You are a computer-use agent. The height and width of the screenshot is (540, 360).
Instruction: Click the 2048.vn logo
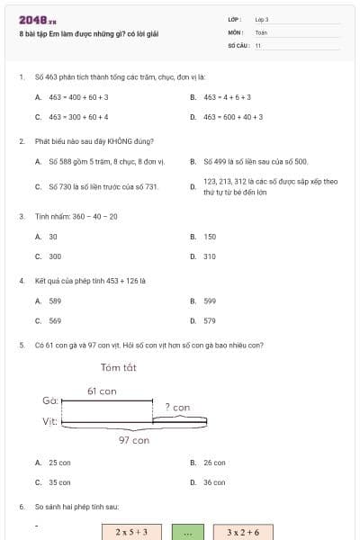37,19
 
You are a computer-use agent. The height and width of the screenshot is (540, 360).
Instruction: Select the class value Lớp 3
262,19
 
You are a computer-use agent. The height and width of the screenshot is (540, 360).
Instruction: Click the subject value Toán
261,31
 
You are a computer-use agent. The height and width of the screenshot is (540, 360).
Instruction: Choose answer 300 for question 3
55,256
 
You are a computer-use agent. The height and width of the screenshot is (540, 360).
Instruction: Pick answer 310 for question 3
210,256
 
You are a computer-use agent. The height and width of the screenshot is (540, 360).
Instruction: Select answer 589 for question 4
55,301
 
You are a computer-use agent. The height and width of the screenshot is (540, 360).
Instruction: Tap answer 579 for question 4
210,320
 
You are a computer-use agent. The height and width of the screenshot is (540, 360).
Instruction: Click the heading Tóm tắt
122,366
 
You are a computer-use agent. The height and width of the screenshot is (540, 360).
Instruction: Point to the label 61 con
102,391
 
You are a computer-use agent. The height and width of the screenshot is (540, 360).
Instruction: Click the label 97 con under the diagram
133,440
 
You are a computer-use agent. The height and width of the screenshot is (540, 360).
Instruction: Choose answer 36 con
213,481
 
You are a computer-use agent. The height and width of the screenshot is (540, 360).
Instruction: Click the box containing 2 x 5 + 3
130,532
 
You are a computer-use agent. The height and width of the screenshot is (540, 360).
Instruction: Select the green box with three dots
188,532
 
